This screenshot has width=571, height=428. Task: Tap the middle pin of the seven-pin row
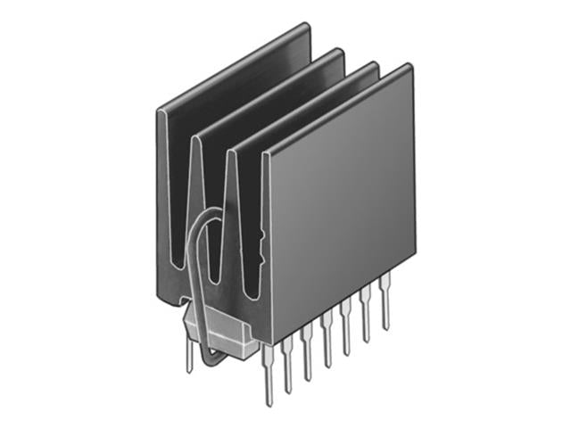(327, 349)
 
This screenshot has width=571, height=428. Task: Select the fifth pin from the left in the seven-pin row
(347, 335)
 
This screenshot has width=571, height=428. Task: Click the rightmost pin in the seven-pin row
(385, 309)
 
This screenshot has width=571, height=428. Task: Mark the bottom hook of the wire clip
(211, 360)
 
